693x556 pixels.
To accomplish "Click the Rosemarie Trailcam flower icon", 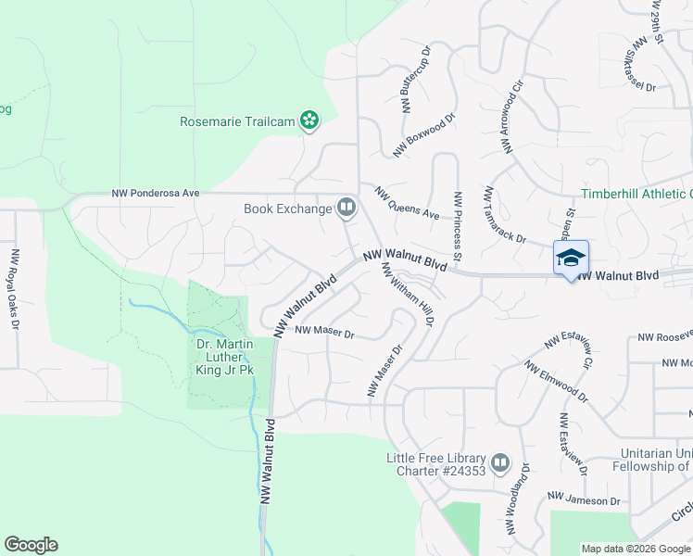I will click(310, 120).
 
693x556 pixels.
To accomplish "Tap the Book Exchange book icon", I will click(346, 208).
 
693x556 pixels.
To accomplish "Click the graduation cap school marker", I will click(571, 258).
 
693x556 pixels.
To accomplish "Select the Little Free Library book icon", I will click(500, 461).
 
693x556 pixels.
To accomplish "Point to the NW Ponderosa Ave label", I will click(156, 194).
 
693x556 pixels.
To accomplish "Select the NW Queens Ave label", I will click(407, 203).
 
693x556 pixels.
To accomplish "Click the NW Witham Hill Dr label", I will click(408, 294).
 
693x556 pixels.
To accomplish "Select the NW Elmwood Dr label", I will click(556, 381).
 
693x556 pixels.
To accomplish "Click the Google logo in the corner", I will click(31, 545).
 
